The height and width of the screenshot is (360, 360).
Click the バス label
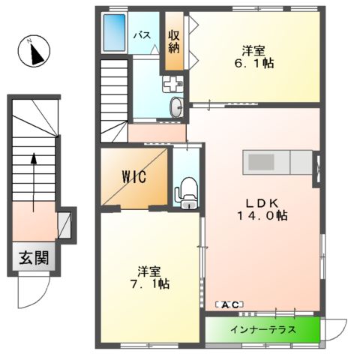click(144, 35)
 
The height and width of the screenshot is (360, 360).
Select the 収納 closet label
click(174, 42)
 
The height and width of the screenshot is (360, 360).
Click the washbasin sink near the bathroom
click(175, 107)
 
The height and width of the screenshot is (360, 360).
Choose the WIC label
click(134, 178)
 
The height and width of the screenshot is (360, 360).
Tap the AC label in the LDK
click(229, 304)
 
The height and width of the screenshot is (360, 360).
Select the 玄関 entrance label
click(34, 259)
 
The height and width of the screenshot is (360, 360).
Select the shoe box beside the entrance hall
click(64, 224)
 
